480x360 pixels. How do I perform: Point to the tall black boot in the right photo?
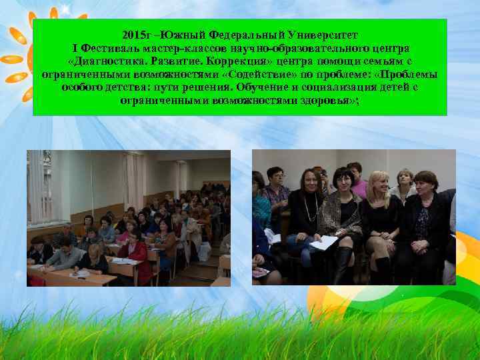[342, 263]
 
